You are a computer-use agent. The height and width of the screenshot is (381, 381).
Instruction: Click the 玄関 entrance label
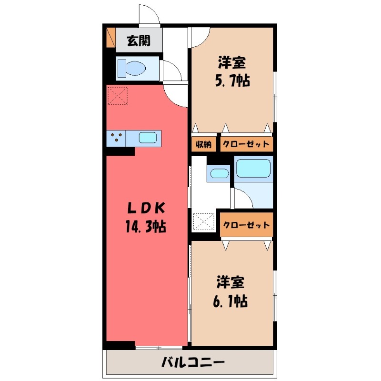coord(138,41)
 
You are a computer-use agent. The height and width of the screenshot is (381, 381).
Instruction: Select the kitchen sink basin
coord(148,138)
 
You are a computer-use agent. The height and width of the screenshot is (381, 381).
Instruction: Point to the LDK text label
coord(146,208)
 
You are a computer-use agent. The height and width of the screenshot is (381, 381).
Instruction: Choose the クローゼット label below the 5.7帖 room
coord(246,144)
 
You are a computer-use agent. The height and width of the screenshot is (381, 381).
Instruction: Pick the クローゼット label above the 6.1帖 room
coord(246,225)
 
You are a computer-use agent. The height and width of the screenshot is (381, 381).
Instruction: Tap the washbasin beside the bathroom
coord(219,173)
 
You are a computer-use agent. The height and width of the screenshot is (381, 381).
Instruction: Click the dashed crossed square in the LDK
coord(118,95)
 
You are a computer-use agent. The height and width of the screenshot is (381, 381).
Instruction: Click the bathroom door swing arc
coord(241,197)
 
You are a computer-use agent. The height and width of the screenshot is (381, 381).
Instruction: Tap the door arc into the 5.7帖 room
coord(200,37)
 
